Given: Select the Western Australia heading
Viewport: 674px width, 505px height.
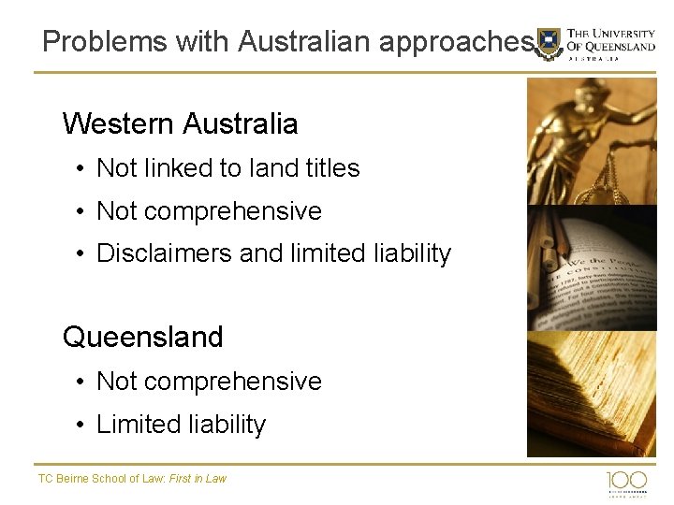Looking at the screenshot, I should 180,123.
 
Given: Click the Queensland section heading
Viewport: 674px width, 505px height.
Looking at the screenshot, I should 142,337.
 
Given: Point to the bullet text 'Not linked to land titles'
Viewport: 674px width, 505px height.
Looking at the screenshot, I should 227,168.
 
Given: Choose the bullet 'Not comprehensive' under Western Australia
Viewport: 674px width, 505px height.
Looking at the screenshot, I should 209,211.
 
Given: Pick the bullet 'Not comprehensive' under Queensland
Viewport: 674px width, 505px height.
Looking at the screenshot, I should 209,382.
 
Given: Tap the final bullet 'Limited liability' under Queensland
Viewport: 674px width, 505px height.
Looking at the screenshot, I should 181,425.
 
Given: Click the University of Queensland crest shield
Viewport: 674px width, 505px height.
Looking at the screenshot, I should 549,43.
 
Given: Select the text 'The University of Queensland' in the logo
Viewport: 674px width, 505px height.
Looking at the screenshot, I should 611,40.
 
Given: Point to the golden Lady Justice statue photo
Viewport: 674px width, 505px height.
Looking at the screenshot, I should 592,140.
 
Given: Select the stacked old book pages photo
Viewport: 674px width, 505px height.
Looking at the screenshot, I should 592,393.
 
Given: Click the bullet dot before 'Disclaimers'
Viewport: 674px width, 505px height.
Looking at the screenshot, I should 82,254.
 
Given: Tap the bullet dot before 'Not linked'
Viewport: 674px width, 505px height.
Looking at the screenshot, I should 82,169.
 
